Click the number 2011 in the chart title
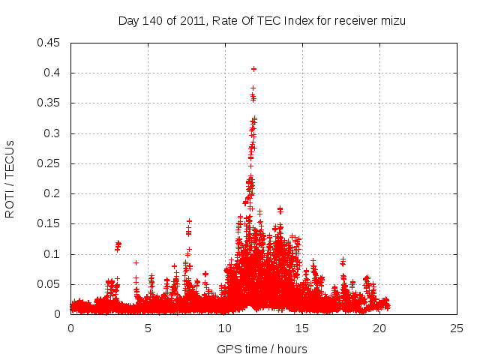(x=193, y=21)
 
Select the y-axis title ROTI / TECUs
(x=10, y=178)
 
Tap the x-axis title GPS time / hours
(x=262, y=349)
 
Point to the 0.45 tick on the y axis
(x=50, y=43)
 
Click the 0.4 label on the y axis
(x=53, y=73)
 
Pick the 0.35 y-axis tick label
(x=50, y=103)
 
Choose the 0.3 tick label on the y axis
(x=53, y=133)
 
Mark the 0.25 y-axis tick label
(x=50, y=163)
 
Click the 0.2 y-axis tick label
(x=53, y=193)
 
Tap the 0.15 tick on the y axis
(x=50, y=224)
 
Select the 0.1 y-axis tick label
(x=53, y=254)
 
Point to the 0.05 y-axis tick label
(x=50, y=284)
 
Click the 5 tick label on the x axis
(x=148, y=328)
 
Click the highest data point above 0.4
(x=253, y=69)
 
